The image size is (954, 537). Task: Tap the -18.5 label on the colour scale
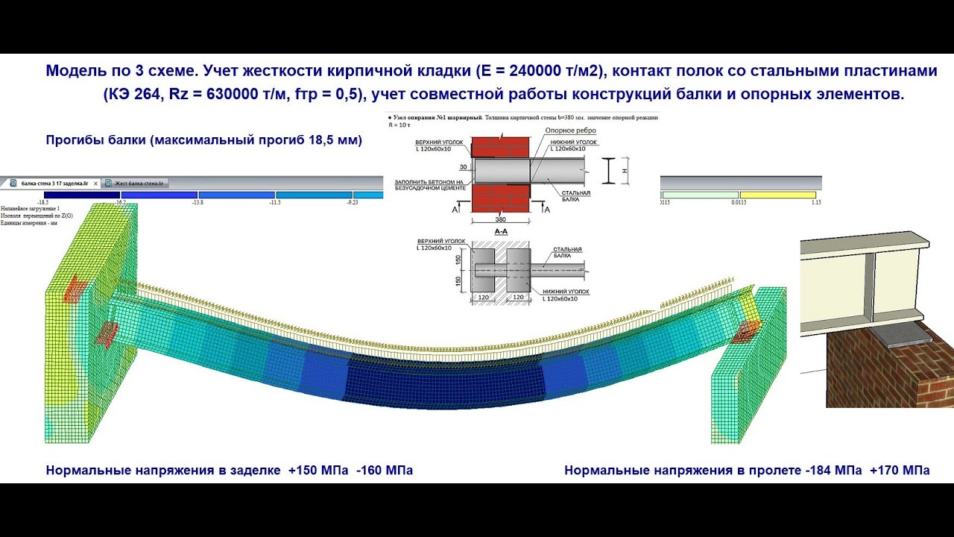[43, 202]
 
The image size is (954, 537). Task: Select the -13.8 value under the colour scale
[198, 202]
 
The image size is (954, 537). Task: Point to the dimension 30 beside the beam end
[463, 167]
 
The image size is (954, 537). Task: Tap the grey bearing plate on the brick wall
[902, 336]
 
